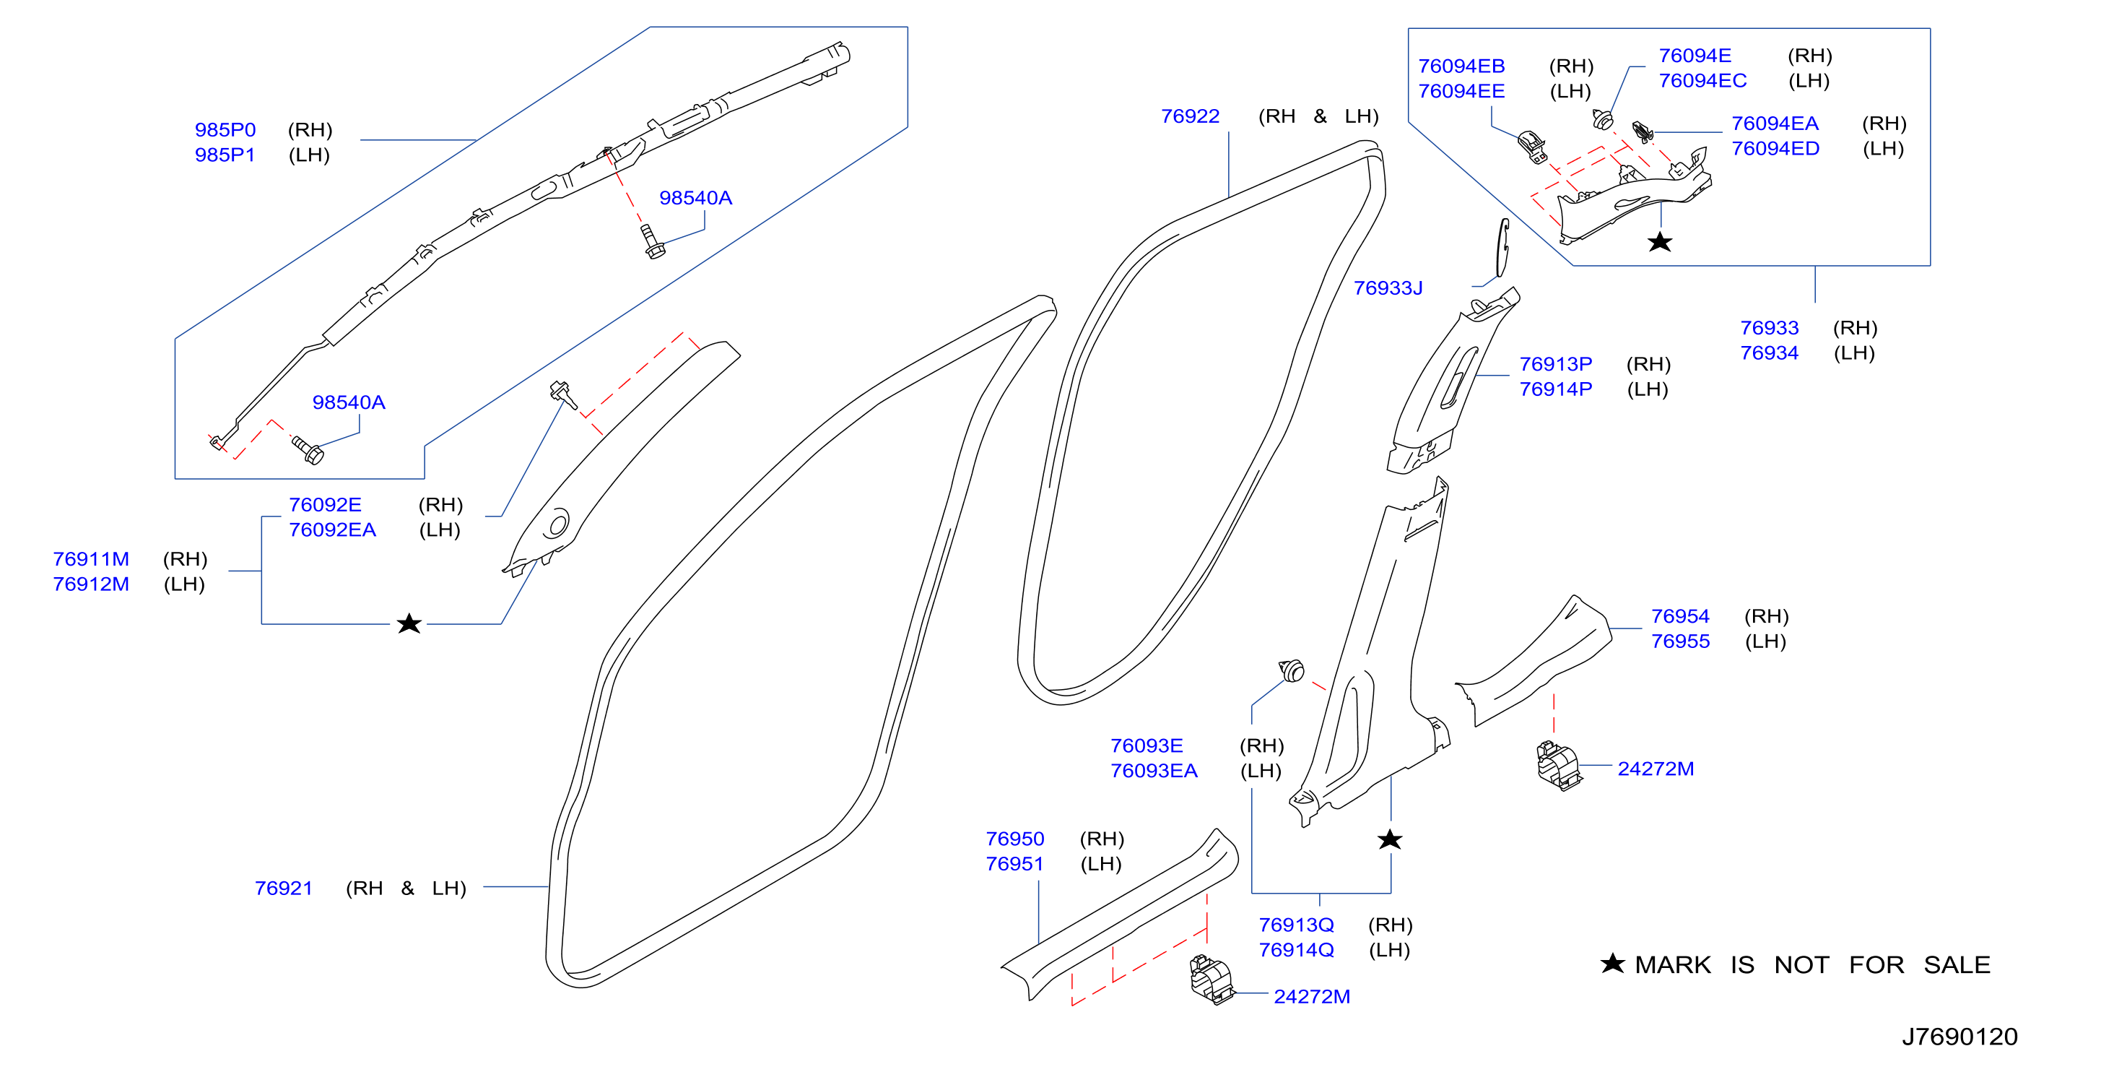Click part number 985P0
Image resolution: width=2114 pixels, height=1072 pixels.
225,130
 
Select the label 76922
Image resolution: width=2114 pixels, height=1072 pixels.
1190,116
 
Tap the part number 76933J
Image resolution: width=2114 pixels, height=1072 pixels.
1388,288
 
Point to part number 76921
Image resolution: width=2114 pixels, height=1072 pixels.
283,888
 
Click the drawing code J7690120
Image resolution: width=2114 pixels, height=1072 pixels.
1959,1037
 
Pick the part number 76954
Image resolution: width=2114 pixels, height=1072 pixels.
1680,616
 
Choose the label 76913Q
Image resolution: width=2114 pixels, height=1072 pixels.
1296,925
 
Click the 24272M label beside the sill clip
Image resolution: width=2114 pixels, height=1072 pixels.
1311,996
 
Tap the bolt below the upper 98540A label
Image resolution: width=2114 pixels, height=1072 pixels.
653,242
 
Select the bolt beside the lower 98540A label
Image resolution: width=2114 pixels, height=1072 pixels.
308,450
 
